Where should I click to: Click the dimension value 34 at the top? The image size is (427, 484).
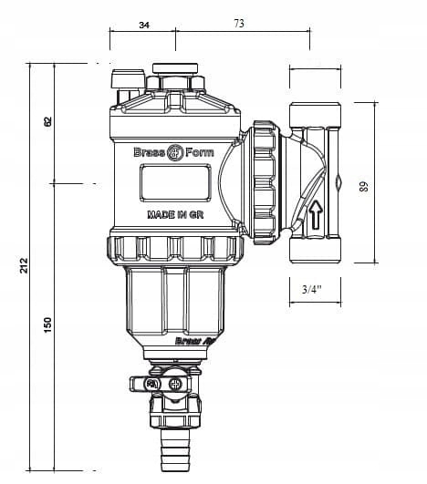(x=143, y=26)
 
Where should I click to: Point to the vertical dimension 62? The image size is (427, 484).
(x=48, y=121)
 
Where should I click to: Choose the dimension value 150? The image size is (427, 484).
(x=48, y=324)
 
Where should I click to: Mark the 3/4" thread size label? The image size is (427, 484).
(x=312, y=290)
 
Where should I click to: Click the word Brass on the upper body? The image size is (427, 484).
(x=148, y=152)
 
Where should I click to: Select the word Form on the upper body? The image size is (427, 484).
(x=200, y=152)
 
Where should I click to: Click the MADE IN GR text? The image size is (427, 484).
(x=175, y=216)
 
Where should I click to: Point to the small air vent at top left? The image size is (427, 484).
(x=120, y=80)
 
